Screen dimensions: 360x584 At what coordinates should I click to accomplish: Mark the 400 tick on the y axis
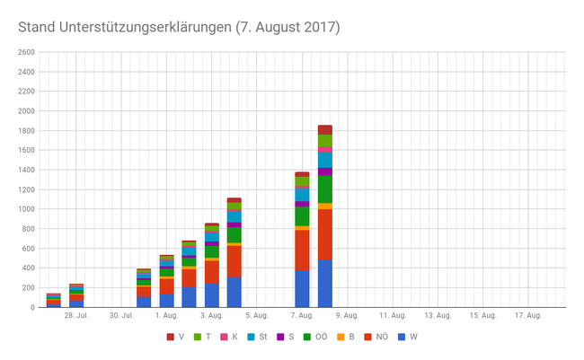tap(26, 268)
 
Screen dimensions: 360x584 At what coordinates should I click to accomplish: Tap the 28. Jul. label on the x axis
tap(75, 316)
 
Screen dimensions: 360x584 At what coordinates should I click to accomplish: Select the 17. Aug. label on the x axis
tap(526, 316)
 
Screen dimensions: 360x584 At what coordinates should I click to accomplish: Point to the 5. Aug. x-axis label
tap(256, 316)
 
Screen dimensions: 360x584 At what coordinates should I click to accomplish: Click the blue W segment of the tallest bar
tap(324, 284)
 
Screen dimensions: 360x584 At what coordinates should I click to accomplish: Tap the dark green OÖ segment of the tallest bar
tap(324, 189)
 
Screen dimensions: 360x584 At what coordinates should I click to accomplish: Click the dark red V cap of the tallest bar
tap(324, 129)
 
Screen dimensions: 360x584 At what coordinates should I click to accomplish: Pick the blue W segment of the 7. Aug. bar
tap(302, 289)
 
